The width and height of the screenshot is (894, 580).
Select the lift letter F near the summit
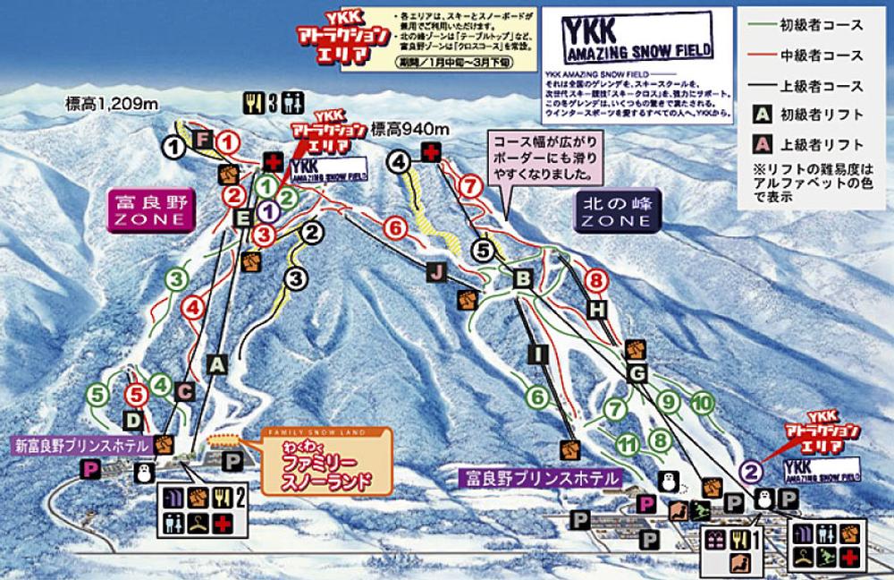click(x=203, y=139)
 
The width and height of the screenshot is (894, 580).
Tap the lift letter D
click(x=131, y=419)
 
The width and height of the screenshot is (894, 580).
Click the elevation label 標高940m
click(x=409, y=127)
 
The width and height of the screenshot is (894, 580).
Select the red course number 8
click(x=593, y=281)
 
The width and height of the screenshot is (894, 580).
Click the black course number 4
click(x=399, y=161)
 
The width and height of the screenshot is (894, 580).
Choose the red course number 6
click(x=395, y=229)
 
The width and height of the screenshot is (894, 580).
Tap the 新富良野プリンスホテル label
click(x=79, y=444)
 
